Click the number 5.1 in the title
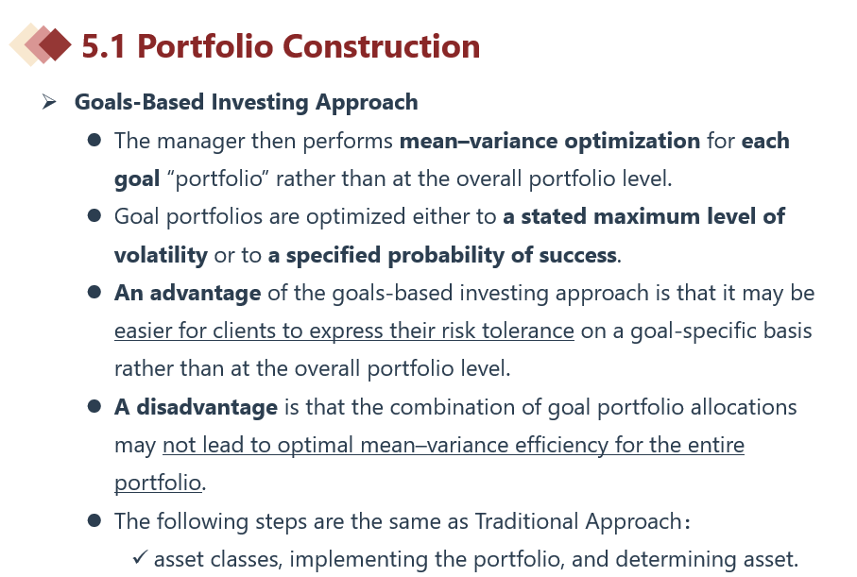click(104, 46)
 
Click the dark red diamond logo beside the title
click(55, 44)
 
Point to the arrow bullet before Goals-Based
click(49, 102)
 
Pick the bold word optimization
click(632, 141)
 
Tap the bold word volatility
click(162, 255)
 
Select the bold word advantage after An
click(205, 294)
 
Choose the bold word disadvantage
click(207, 407)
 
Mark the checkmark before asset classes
click(140, 557)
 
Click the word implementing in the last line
click(358, 560)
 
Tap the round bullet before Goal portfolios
click(94, 216)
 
